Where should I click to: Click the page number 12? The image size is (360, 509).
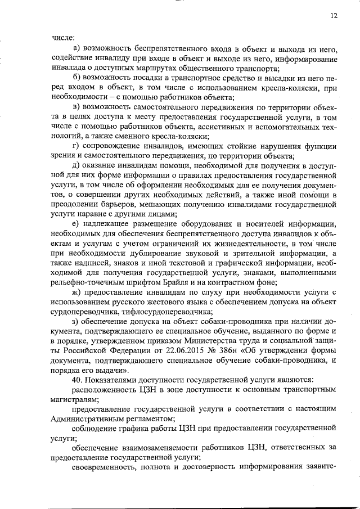pyautogui.click(x=334, y=16)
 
